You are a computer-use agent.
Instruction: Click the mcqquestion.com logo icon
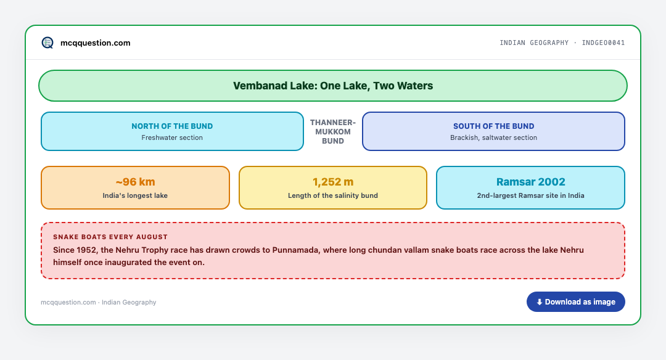[47, 43]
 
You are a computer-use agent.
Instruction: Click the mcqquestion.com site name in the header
[95, 43]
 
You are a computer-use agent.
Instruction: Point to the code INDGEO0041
[603, 43]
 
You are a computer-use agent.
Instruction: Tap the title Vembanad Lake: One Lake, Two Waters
[333, 86]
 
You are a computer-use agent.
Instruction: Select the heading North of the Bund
[172, 126]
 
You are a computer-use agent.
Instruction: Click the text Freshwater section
[172, 137]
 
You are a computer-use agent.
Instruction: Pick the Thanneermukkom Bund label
[333, 131]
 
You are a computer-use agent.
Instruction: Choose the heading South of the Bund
[493, 126]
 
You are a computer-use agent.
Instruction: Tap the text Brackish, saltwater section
[493, 137]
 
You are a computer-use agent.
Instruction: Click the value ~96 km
[135, 182]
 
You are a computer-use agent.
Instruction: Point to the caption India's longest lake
[135, 195]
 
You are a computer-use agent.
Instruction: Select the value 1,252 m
[333, 182]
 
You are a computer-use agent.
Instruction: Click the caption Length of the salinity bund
[333, 195]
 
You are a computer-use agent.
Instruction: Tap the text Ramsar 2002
[530, 182]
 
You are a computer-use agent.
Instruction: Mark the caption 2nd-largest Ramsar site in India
[530, 195]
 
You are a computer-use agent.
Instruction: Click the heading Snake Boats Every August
[110, 237]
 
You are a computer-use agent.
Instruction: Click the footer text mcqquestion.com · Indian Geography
[99, 302]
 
